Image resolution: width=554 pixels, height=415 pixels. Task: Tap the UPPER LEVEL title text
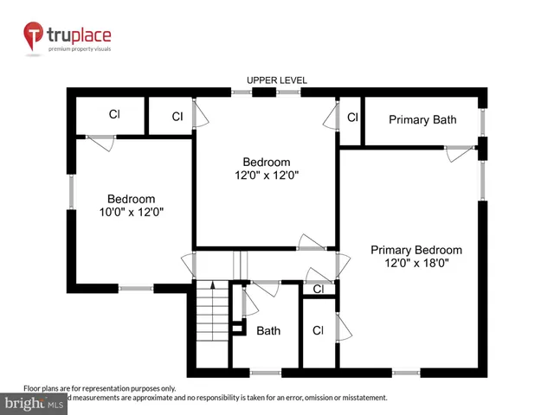277,80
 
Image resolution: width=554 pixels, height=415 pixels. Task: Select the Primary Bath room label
422,119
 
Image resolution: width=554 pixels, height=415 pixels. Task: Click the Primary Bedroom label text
416,250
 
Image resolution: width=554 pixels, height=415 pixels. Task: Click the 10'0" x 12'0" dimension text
131,212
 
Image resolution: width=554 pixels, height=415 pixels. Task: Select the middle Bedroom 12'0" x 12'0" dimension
267,176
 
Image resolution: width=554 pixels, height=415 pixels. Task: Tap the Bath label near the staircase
268,330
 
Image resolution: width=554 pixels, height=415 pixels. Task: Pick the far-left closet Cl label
113,114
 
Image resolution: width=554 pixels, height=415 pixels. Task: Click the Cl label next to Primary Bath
352,117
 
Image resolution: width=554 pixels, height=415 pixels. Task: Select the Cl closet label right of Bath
318,330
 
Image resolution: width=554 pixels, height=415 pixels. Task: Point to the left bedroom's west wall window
73,189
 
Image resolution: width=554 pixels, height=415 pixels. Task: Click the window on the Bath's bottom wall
267,373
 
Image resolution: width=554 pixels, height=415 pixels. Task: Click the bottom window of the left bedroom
135,288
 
